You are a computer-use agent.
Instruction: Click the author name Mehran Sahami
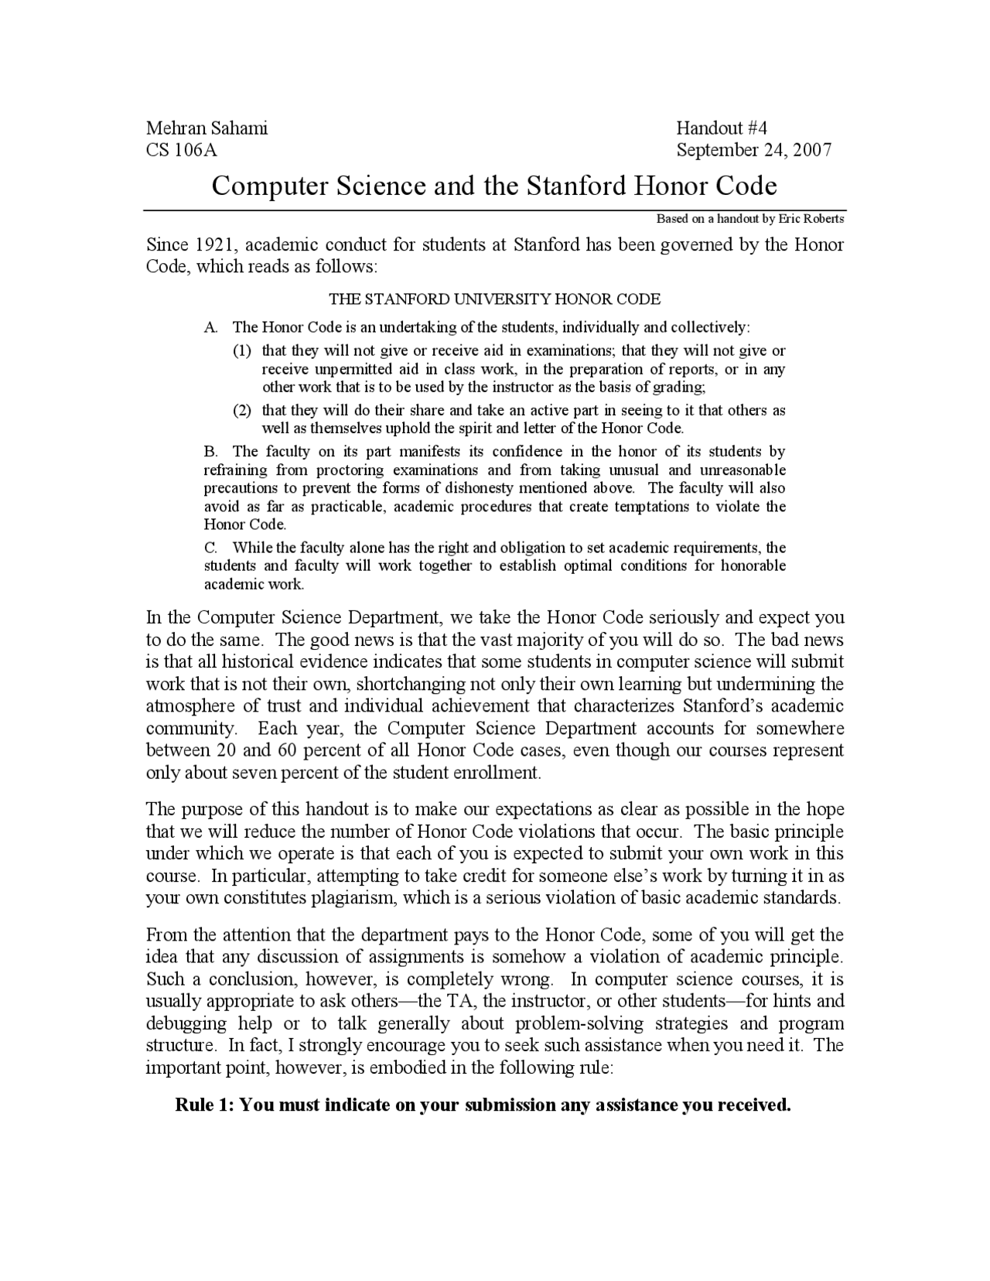tap(207, 128)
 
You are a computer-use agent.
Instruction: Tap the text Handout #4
tap(721, 128)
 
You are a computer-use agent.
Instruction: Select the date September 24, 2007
tap(754, 150)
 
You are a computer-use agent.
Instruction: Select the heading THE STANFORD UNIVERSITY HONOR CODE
tap(494, 299)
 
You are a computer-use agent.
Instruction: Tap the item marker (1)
tap(243, 351)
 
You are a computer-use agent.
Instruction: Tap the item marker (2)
tap(243, 411)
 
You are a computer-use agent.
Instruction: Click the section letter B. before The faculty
tap(210, 452)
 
